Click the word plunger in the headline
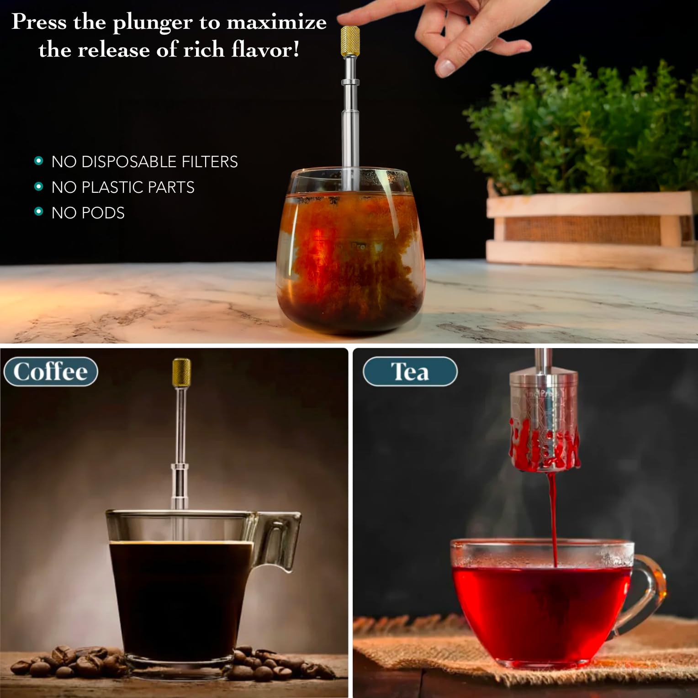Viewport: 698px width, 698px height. click(x=152, y=23)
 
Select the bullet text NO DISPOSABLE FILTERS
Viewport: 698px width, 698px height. click(x=144, y=162)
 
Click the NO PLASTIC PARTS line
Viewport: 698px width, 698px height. click(x=122, y=187)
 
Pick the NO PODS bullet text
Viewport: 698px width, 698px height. click(x=88, y=213)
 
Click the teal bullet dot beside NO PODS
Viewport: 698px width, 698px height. click(x=39, y=212)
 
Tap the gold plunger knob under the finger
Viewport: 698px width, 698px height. click(x=350, y=41)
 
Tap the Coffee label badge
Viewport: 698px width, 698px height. click(x=51, y=371)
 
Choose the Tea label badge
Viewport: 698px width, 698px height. click(x=410, y=371)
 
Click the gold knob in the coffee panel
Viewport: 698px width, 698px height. click(x=181, y=372)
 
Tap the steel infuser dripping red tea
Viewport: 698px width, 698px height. click(x=544, y=420)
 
